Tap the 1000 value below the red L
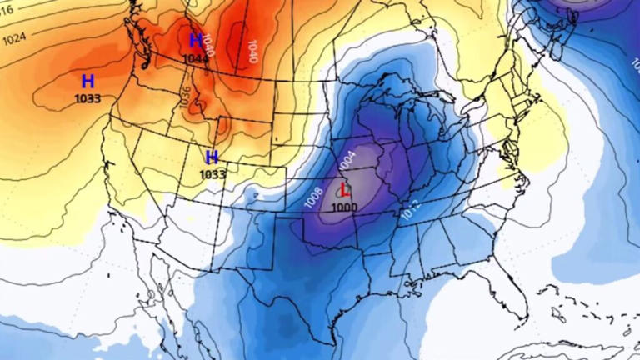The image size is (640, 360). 343,207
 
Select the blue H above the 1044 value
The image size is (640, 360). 196,40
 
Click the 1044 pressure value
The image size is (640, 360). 196,58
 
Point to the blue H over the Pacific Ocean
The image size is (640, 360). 87,81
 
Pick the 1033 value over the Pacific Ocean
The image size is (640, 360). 87,98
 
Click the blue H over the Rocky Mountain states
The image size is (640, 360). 212,157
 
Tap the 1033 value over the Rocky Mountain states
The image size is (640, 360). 212,174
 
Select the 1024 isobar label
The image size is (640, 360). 14,37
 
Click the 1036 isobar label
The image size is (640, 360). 185,99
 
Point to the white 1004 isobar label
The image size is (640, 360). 347,157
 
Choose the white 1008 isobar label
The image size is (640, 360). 313,197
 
